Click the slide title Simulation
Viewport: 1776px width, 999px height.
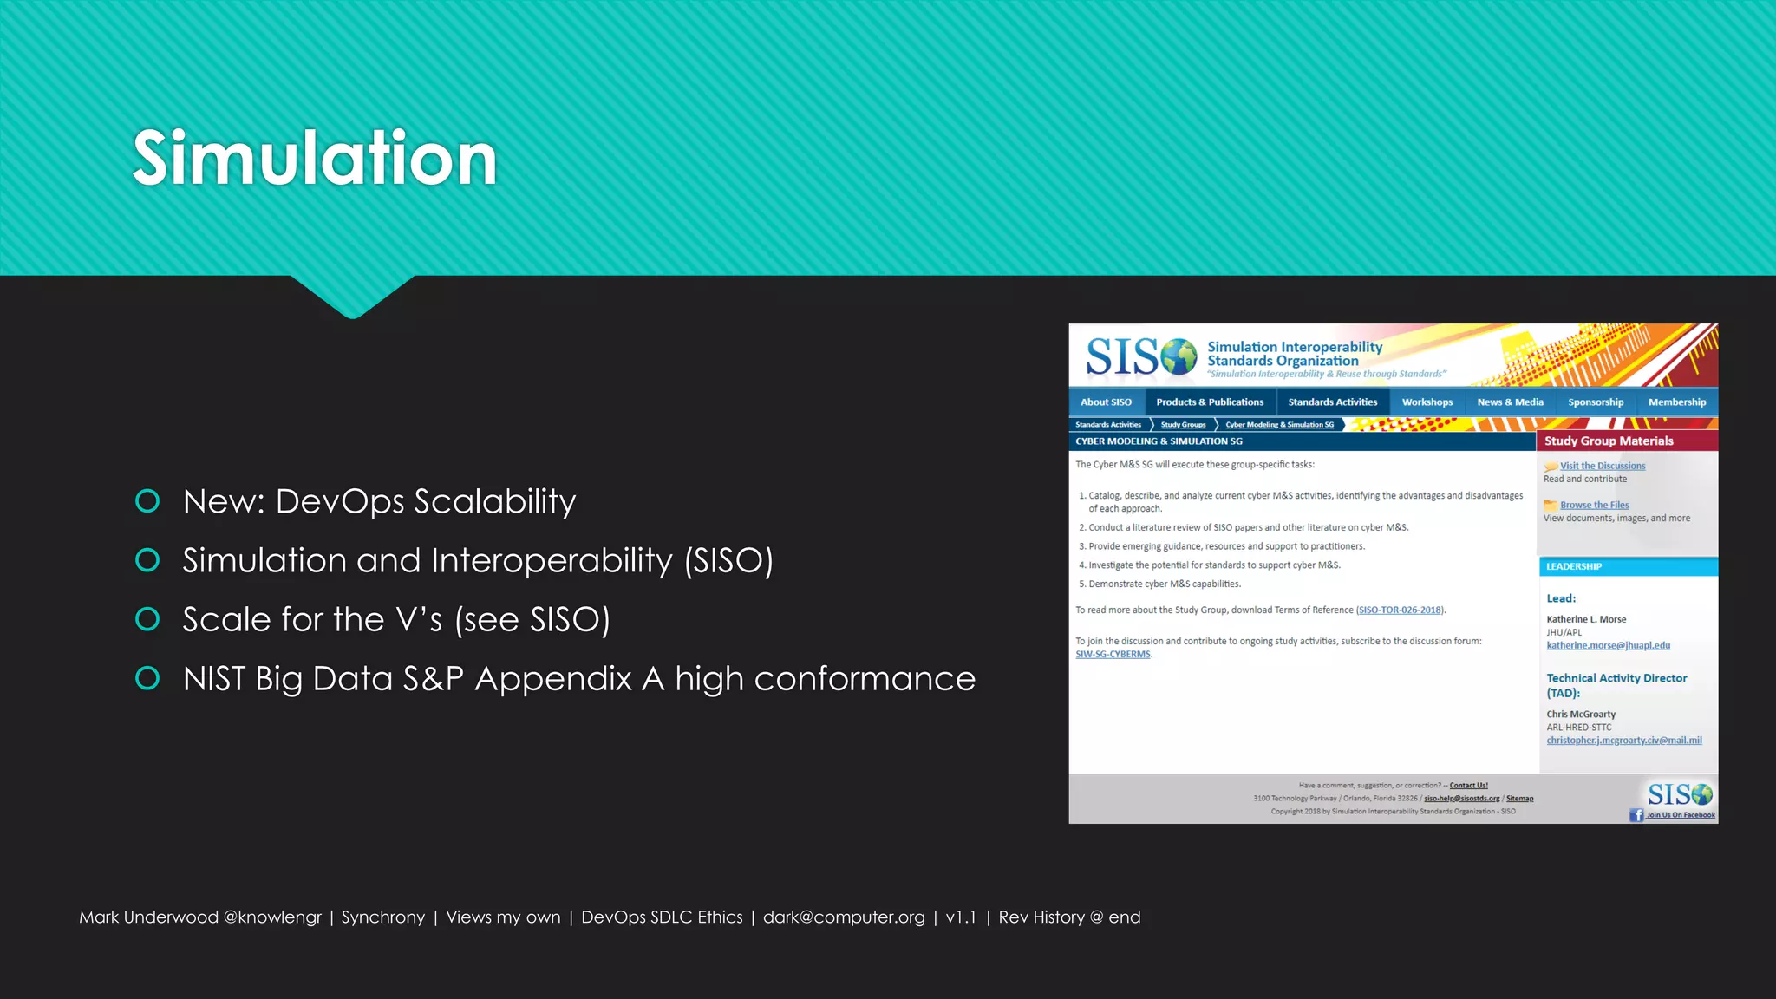tap(314, 158)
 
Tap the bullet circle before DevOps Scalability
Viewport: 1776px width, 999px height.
tap(147, 501)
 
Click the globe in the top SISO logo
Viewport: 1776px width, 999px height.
tap(1179, 356)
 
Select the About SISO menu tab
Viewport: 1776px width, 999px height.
tap(1106, 402)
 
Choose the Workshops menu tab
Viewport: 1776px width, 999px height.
tap(1427, 402)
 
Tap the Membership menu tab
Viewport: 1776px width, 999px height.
tap(1676, 402)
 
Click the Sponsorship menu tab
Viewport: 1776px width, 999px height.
tap(1595, 402)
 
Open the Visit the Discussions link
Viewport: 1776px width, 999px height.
tap(1602, 466)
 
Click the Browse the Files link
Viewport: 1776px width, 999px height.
tap(1594, 505)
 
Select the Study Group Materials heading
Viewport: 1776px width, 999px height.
tap(1608, 441)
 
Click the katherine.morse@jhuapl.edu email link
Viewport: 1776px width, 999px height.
tap(1608, 645)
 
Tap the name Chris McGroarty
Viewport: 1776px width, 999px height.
tap(1580, 715)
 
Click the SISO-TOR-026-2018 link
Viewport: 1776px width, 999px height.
tap(1400, 610)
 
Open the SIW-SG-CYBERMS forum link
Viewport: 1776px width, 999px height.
tap(1113, 655)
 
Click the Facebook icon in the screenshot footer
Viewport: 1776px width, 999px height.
tap(1636, 815)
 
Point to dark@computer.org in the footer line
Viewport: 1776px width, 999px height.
tap(843, 917)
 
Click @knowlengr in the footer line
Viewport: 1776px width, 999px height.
tap(272, 917)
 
